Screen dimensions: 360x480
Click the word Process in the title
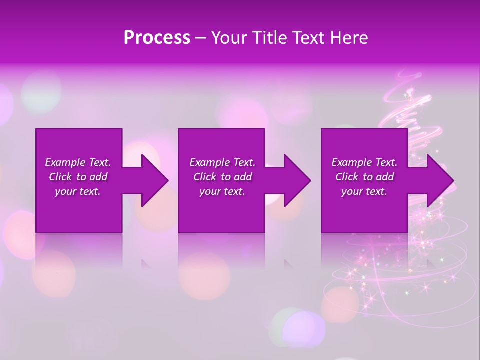point(157,38)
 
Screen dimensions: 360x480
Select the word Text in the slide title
point(310,38)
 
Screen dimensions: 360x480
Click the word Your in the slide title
point(229,38)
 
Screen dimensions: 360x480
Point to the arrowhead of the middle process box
point(297,180)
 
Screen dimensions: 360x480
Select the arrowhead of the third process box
point(440,180)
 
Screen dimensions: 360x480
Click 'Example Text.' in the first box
point(78,162)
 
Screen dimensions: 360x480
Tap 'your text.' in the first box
point(78,191)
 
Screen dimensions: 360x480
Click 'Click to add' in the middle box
point(222,177)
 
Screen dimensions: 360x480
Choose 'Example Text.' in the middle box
point(222,162)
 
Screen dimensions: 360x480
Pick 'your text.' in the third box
point(364,191)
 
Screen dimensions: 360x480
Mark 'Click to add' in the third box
point(364,177)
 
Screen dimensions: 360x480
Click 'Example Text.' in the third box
point(364,162)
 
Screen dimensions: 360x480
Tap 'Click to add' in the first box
point(78,177)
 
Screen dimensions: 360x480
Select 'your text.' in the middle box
point(222,191)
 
